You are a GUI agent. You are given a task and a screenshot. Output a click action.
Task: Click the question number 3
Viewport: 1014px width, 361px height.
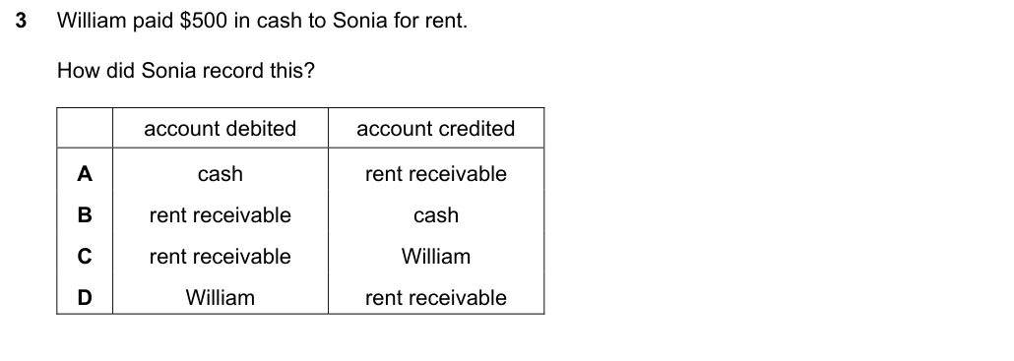21,21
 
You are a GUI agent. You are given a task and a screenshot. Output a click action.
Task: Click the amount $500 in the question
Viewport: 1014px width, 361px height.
204,21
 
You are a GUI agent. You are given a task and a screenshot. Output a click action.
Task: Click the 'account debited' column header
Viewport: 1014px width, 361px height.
220,129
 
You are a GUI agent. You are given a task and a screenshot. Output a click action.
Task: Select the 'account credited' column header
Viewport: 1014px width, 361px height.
436,129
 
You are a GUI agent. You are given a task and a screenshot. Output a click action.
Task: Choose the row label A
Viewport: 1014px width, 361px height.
85,174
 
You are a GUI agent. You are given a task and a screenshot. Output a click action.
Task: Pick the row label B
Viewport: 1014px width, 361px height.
85,215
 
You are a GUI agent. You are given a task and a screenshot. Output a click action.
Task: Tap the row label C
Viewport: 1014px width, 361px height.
85,257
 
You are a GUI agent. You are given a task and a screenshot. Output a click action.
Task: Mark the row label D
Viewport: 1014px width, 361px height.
85,298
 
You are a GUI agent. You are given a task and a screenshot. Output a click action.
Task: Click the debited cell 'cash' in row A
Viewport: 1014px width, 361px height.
220,174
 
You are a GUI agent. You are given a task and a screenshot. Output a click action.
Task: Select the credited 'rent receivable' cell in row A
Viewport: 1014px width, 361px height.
436,174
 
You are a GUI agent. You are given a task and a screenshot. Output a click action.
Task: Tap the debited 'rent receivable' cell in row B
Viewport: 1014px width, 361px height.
220,215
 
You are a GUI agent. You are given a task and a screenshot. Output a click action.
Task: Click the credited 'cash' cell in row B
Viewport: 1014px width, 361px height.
436,215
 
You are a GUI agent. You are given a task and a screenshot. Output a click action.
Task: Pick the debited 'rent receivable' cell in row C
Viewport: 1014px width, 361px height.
220,257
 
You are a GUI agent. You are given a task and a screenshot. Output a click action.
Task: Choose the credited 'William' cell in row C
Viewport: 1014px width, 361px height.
436,257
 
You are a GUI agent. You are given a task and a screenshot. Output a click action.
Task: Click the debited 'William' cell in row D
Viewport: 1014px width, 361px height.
220,298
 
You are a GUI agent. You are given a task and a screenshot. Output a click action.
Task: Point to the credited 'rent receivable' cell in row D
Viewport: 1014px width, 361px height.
436,298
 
